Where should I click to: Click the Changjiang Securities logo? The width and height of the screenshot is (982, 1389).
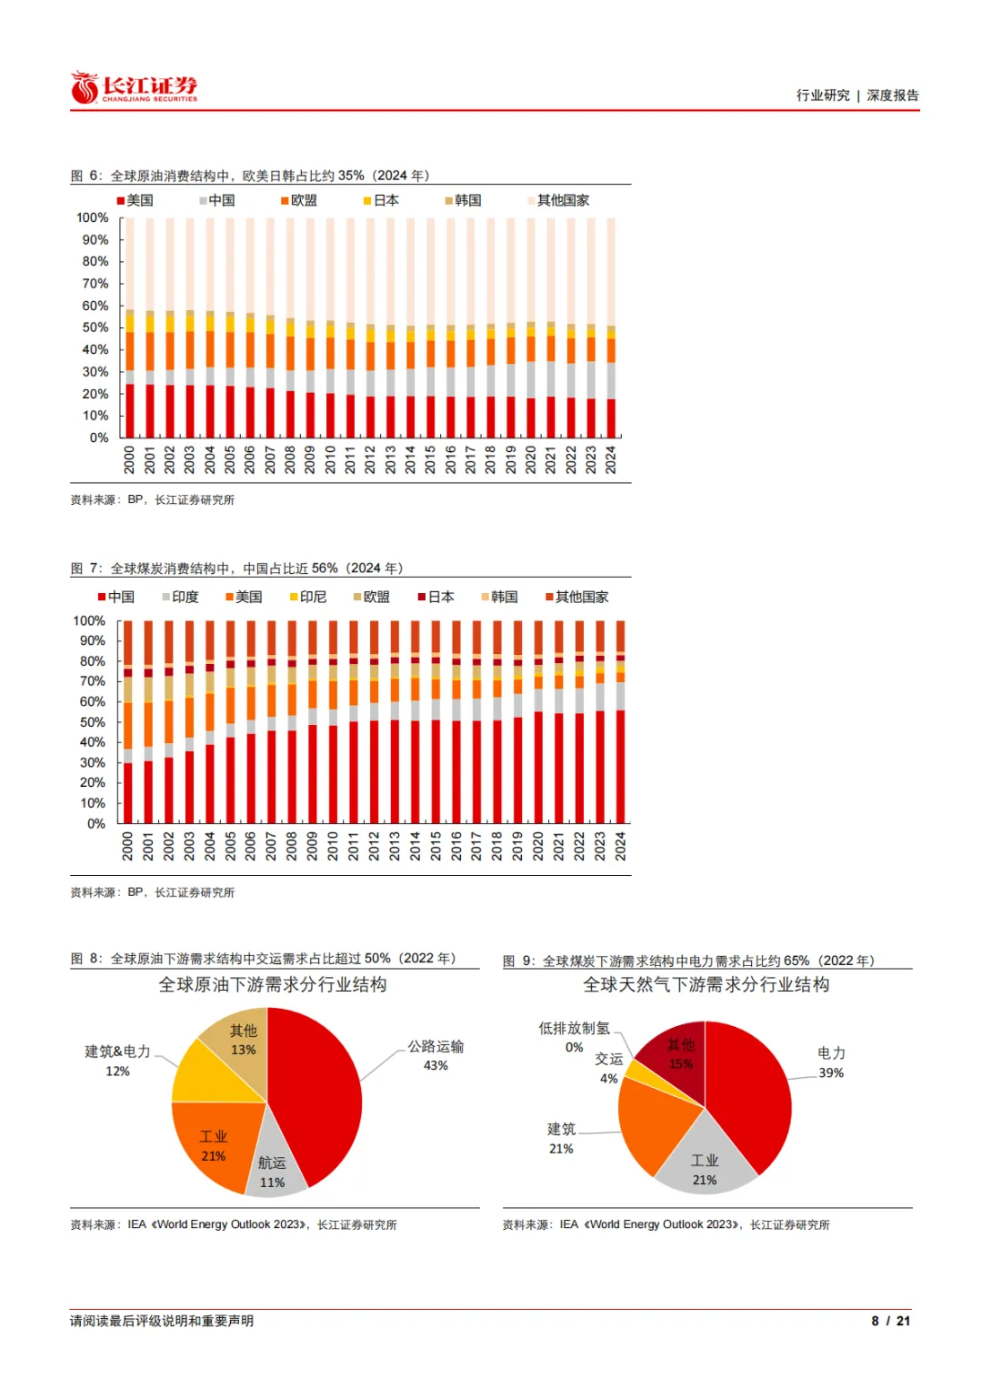tap(134, 88)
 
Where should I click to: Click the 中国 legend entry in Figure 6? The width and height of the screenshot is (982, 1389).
tap(217, 200)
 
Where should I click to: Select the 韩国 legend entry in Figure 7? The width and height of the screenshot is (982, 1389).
tap(499, 597)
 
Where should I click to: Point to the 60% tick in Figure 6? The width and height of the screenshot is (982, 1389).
tap(95, 306)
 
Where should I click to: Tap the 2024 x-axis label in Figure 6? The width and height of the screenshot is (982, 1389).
tap(611, 459)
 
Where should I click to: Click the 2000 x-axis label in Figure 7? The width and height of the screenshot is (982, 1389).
tap(127, 846)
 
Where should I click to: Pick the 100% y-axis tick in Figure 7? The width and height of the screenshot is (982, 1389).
tap(89, 620)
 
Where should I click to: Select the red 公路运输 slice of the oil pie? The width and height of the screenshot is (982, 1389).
tap(318, 1092)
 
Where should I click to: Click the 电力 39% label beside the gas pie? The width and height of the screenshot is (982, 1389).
tap(831, 1062)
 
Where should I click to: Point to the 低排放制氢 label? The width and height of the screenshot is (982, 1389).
tap(574, 1028)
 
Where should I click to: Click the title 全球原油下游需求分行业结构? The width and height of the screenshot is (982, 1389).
tap(273, 984)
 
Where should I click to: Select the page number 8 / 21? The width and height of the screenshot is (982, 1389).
tap(890, 1321)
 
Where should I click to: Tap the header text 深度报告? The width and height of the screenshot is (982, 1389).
tap(893, 96)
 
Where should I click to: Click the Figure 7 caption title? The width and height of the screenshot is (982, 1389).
tap(236, 569)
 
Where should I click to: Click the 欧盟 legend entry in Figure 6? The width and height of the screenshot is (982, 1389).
tap(299, 200)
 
